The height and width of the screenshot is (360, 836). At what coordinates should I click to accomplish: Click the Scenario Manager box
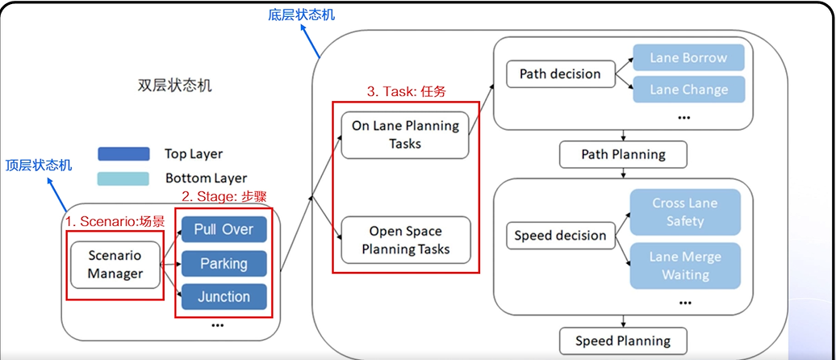coord(115,264)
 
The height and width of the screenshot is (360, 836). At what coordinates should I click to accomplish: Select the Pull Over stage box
coord(224,230)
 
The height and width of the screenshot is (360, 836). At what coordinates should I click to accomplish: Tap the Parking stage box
coord(224,264)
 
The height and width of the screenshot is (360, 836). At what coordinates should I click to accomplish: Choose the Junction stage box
coord(224,297)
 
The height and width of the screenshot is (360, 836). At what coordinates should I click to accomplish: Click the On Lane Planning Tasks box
coord(405,135)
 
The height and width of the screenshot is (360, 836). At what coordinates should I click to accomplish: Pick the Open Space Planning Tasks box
coord(405,240)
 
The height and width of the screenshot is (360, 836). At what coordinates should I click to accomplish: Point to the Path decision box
coord(560,74)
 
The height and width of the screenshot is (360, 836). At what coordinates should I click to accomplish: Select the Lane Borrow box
coord(688,58)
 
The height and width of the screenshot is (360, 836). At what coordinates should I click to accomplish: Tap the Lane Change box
coord(688,90)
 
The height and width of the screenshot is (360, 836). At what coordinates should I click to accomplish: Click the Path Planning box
coord(624,154)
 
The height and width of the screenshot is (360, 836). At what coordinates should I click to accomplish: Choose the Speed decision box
coord(560,236)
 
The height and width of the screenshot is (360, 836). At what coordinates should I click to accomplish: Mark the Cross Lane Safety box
coord(684,212)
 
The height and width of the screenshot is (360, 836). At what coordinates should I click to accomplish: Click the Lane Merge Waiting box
coord(684,266)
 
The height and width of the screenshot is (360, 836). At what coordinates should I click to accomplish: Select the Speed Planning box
coord(623,341)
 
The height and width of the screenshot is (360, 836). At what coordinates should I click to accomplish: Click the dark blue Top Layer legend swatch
coord(123,154)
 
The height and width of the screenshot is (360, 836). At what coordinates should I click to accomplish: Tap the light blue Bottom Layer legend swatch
coord(123,178)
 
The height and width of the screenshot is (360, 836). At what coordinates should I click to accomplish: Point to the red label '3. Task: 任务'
coord(406,92)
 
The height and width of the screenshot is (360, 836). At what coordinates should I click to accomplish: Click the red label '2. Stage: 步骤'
coord(223,196)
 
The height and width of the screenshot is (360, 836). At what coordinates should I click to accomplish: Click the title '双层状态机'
coord(174,86)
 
